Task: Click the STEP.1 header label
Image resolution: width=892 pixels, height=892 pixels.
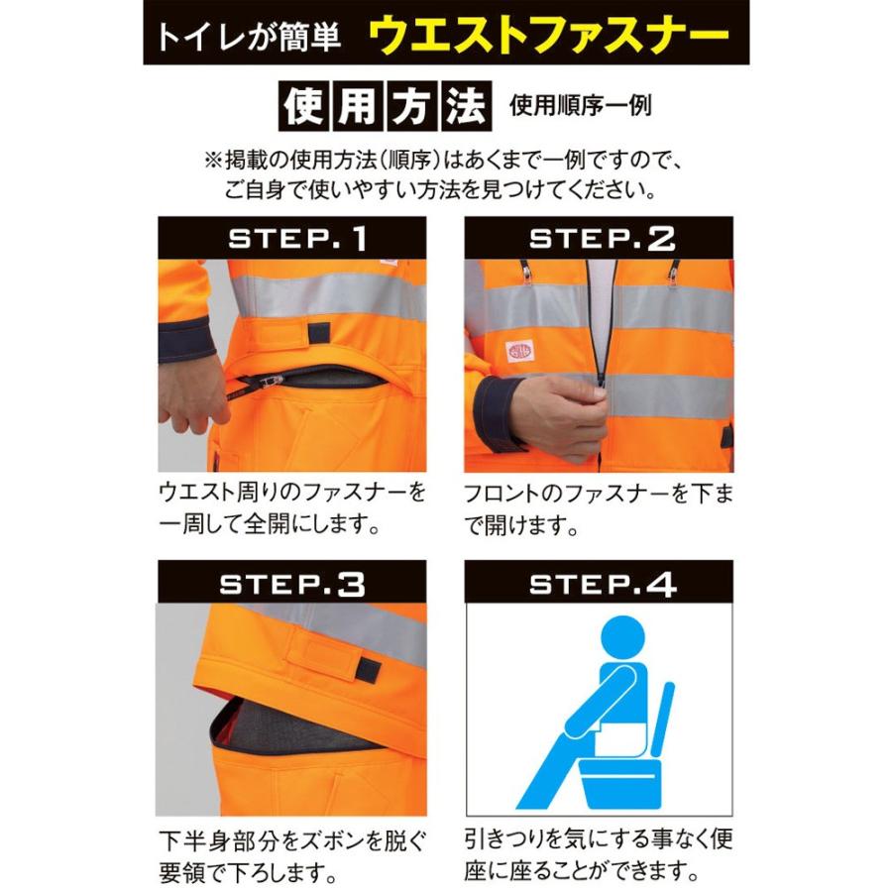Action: point(297,239)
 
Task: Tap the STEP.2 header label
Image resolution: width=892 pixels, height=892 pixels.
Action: point(602,239)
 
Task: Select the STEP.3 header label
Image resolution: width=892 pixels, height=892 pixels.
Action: point(297,583)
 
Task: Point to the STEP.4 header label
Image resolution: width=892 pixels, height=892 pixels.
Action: point(602,583)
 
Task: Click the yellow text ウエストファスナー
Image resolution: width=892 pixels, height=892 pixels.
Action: point(550,37)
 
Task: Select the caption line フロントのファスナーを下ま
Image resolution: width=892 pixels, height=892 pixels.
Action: point(599,493)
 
